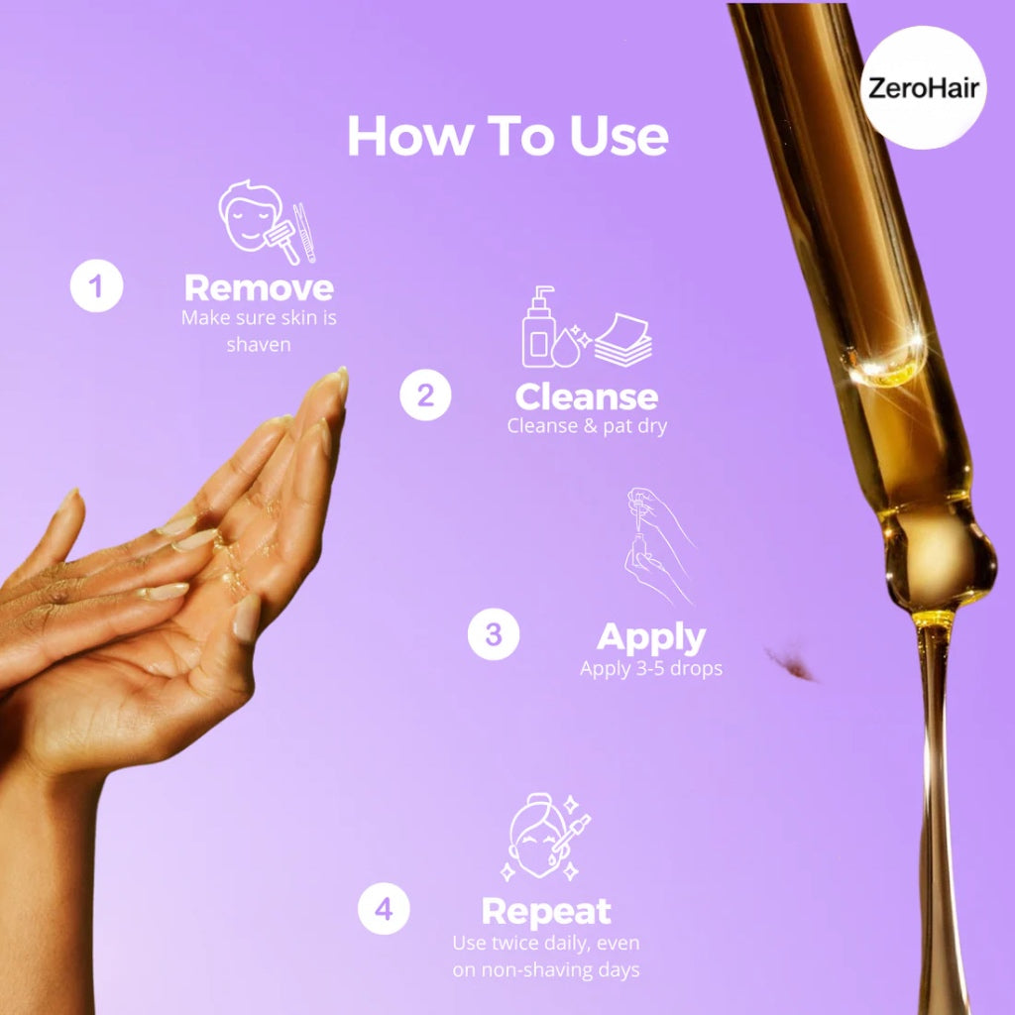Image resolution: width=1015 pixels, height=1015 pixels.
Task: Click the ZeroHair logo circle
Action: (924, 87)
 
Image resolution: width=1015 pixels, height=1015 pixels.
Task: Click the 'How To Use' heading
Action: (508, 136)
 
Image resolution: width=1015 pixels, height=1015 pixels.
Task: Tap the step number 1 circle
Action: (96, 285)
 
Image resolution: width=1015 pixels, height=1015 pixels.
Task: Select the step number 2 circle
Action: (425, 395)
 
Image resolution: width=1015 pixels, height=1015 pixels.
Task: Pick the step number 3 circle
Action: (494, 634)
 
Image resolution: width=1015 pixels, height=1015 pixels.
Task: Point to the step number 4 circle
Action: (384, 909)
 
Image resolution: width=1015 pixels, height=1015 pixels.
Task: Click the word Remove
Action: (259, 288)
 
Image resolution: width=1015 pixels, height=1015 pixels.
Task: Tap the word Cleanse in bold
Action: (587, 396)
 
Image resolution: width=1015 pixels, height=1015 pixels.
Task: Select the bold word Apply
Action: (651, 639)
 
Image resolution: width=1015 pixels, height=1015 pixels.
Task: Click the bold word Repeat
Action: (546, 913)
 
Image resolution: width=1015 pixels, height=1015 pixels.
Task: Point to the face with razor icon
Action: (267, 222)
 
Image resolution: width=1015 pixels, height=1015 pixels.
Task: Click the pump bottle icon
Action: (538, 326)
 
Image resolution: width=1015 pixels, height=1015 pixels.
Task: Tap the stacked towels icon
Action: (623, 341)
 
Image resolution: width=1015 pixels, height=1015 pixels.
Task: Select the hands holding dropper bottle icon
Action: (659, 547)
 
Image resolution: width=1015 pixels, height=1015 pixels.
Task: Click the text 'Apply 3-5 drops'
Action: (651, 669)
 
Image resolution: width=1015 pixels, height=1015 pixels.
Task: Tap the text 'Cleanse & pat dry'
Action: (587, 426)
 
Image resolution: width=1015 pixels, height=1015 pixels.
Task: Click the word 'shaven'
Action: (259, 344)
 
